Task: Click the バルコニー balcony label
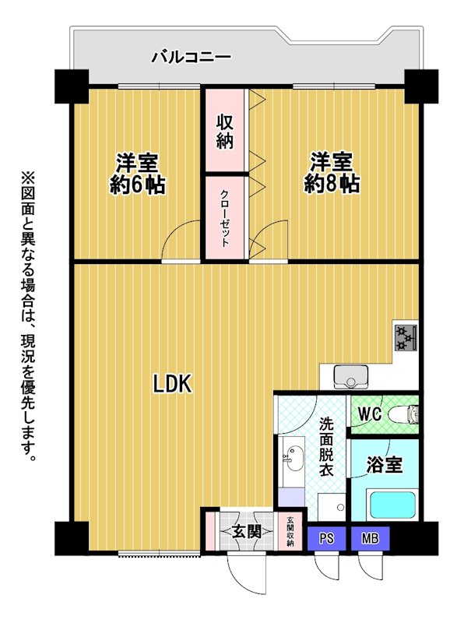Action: [191, 58]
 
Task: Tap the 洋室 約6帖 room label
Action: [137, 173]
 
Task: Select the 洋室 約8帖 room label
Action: [332, 173]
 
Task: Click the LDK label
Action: [173, 384]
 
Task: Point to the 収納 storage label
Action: [224, 131]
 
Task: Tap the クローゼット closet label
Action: [224, 218]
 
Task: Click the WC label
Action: [370, 414]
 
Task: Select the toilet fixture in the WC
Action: [404, 414]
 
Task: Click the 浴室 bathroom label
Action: [385, 464]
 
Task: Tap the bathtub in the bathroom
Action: [393, 505]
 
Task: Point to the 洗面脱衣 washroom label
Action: [326, 446]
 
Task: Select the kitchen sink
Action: [351, 376]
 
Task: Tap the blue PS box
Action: [327, 538]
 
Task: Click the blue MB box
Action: [370, 538]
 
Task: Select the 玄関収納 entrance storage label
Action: [290, 531]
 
